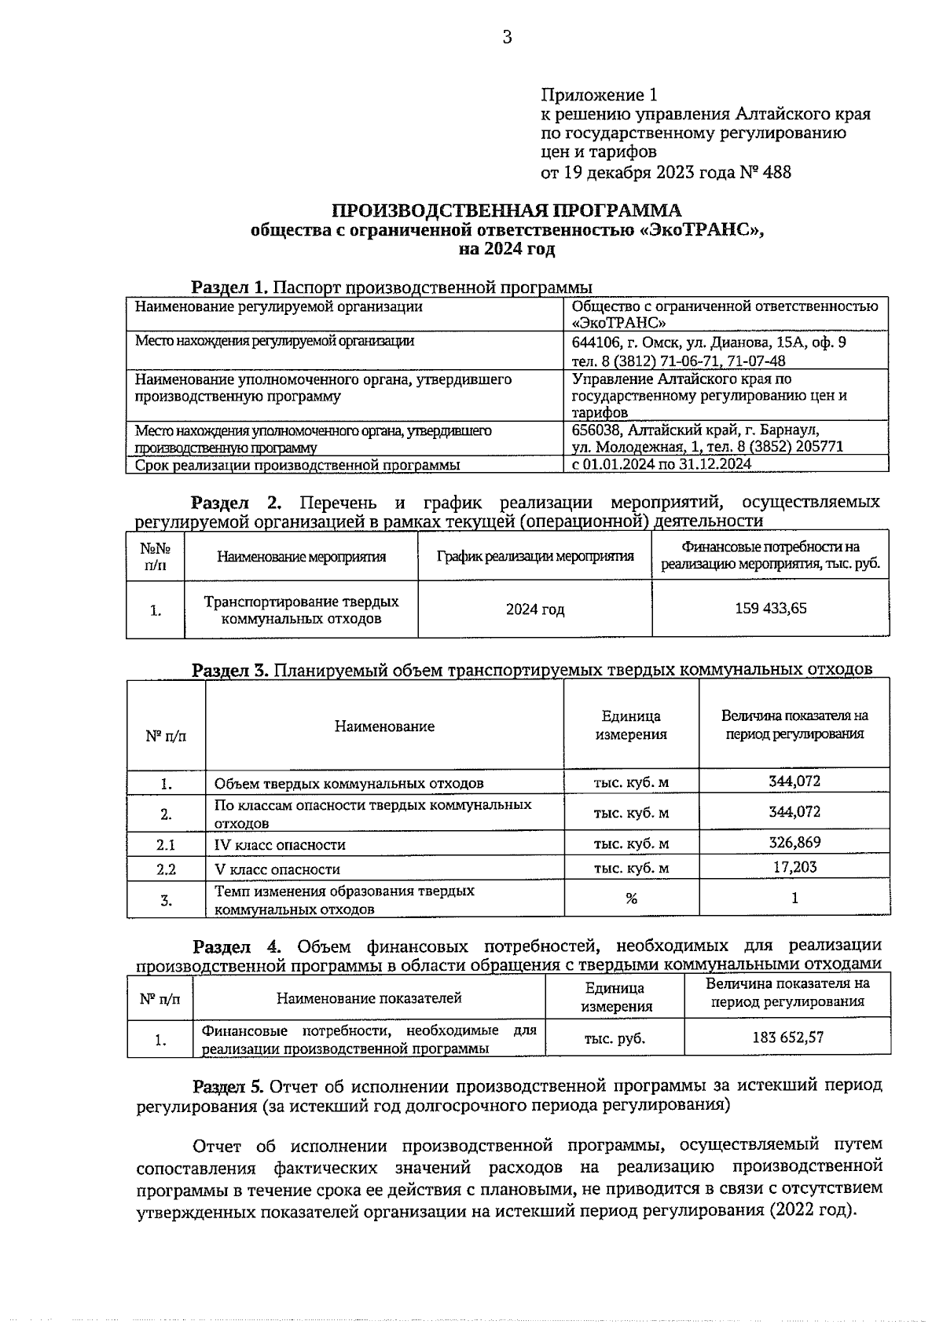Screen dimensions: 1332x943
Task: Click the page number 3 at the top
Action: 507,37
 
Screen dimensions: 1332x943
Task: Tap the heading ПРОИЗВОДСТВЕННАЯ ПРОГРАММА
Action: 506,210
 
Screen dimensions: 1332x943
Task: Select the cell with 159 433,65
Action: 770,608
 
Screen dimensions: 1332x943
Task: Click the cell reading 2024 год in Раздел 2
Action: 534,609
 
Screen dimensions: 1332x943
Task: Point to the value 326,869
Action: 794,842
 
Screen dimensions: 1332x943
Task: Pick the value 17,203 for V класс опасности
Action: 794,866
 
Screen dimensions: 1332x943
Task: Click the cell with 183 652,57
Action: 787,1037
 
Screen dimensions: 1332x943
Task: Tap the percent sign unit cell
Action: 631,898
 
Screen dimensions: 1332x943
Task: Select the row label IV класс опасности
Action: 280,845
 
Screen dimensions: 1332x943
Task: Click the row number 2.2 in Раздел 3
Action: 166,869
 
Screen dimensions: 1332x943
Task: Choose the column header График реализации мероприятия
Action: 535,556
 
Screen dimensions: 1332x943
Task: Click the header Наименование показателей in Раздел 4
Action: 369,998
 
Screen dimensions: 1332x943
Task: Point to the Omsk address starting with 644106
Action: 709,343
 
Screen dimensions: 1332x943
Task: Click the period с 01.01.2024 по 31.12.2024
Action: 662,463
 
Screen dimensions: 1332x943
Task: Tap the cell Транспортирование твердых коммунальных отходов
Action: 301,609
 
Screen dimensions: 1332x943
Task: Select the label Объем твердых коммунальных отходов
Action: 349,783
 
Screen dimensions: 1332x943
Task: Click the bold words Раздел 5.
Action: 229,1086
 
